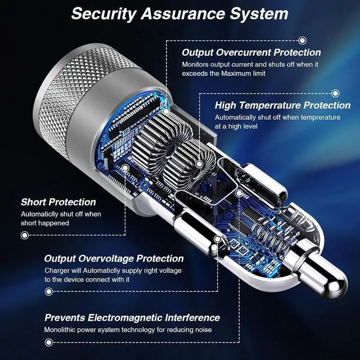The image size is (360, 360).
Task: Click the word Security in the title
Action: [x=103, y=14]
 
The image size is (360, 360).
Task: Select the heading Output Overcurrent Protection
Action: [x=251, y=52]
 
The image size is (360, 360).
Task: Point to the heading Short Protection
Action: [x=58, y=202]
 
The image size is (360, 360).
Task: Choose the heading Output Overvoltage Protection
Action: [x=114, y=259]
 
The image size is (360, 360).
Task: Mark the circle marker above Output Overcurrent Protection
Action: [x=303, y=40]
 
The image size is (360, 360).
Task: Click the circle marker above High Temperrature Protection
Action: [x=335, y=93]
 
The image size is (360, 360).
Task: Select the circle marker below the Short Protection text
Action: [x=25, y=235]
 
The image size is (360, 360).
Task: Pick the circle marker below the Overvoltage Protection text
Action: [x=49, y=291]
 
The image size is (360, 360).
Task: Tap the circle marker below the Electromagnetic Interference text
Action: [x=48, y=343]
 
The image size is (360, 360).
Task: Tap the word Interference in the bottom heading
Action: [x=192, y=318]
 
